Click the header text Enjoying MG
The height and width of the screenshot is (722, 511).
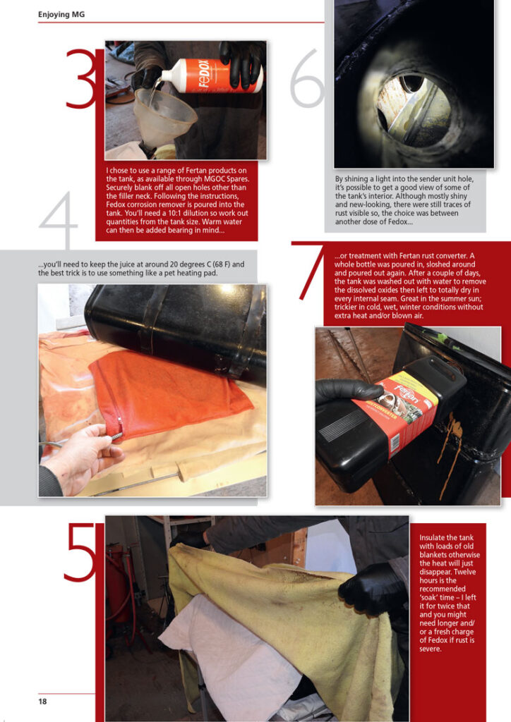click(61, 14)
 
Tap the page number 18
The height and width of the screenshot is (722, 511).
click(42, 702)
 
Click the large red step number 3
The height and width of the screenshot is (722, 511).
click(81, 79)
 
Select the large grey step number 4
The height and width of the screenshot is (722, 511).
click(59, 220)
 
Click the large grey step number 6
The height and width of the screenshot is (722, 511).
click(307, 78)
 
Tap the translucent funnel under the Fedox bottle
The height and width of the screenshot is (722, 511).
click(163, 117)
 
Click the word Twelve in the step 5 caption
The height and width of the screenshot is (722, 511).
click(464, 572)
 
